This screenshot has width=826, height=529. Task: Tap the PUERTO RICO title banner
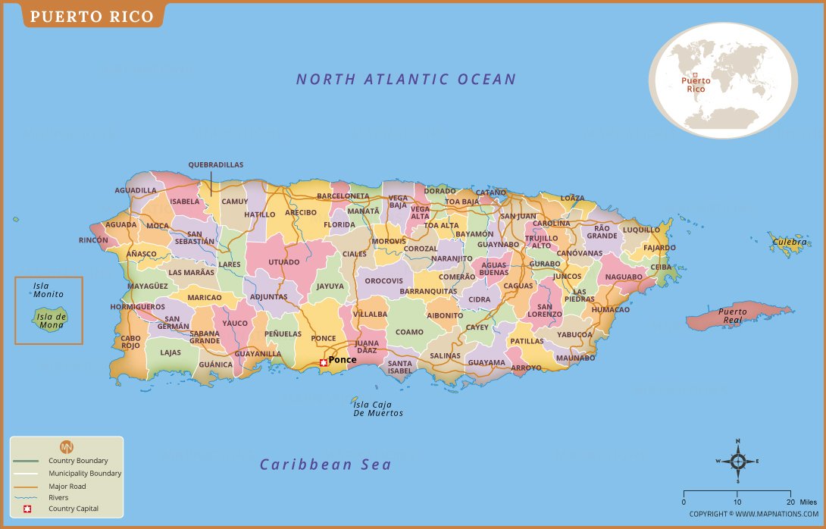click(x=92, y=15)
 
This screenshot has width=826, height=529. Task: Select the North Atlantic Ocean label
click(x=405, y=79)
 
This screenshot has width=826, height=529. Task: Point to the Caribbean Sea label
click(x=326, y=465)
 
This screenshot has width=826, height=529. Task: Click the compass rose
click(x=737, y=460)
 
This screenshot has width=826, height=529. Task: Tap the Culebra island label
click(x=790, y=243)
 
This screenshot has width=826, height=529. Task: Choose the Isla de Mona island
click(x=51, y=320)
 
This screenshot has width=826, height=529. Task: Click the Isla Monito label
click(x=48, y=290)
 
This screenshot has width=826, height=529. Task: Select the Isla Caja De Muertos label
click(x=378, y=409)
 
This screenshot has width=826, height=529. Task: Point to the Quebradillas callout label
click(x=216, y=164)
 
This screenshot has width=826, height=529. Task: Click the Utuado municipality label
click(x=284, y=262)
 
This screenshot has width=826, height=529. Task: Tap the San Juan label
click(x=518, y=216)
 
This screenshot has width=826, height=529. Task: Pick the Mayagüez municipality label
click(x=148, y=286)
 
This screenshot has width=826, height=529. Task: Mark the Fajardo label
click(x=659, y=248)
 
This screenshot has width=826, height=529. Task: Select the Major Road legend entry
click(x=67, y=486)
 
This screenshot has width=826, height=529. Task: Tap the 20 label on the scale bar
click(x=790, y=502)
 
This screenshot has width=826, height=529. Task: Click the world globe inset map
click(x=722, y=80)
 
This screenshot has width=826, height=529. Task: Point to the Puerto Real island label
click(x=732, y=315)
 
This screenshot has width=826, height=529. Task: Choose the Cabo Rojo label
click(x=130, y=342)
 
